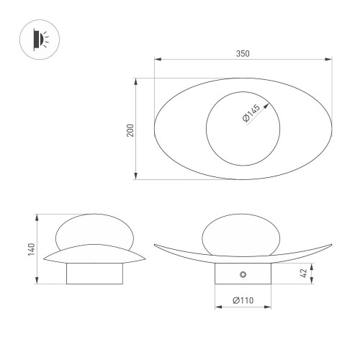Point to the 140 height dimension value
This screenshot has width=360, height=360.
(31, 248)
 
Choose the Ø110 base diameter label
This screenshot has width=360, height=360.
(243, 301)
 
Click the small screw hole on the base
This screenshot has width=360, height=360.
(243, 274)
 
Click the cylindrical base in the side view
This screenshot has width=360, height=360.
(94, 273)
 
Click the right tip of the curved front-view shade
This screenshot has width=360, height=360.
(332, 243)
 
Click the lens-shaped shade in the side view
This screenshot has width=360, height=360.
(94, 254)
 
